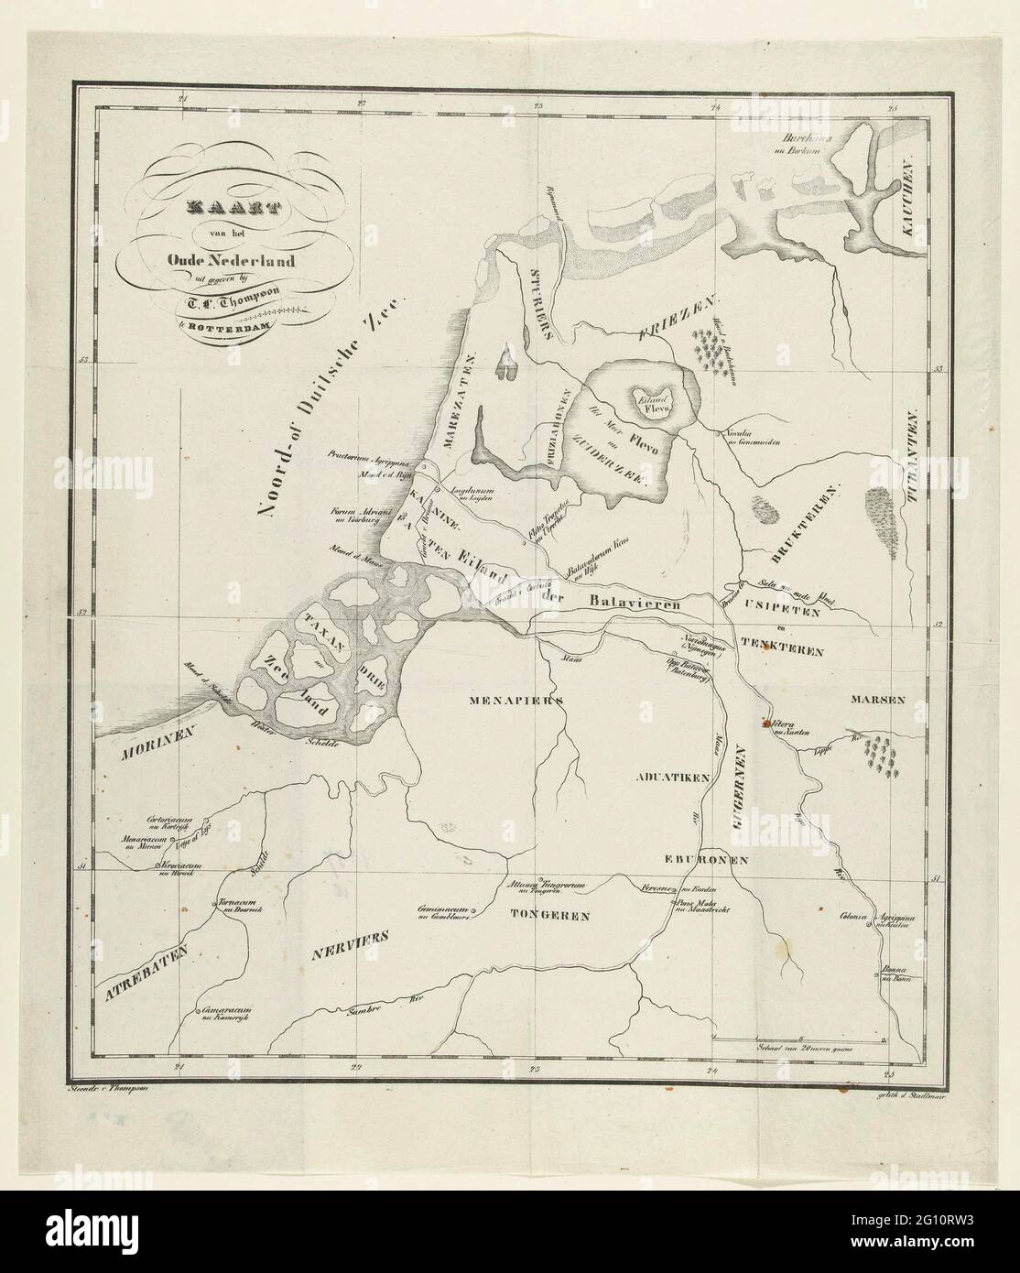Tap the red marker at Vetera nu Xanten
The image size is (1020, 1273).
(766, 723)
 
